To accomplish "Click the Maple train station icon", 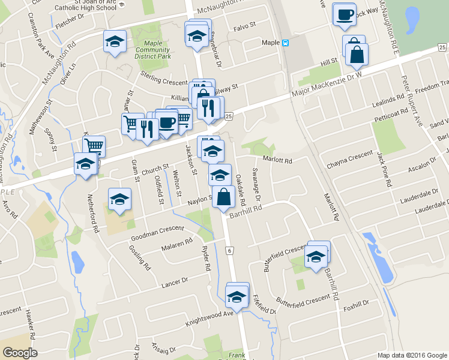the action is coord(286,43).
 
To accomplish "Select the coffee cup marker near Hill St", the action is coord(345,15).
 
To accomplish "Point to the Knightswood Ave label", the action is coord(211,314).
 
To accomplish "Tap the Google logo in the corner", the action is coord(20,353).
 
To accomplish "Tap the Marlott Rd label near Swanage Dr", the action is coord(277,160).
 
